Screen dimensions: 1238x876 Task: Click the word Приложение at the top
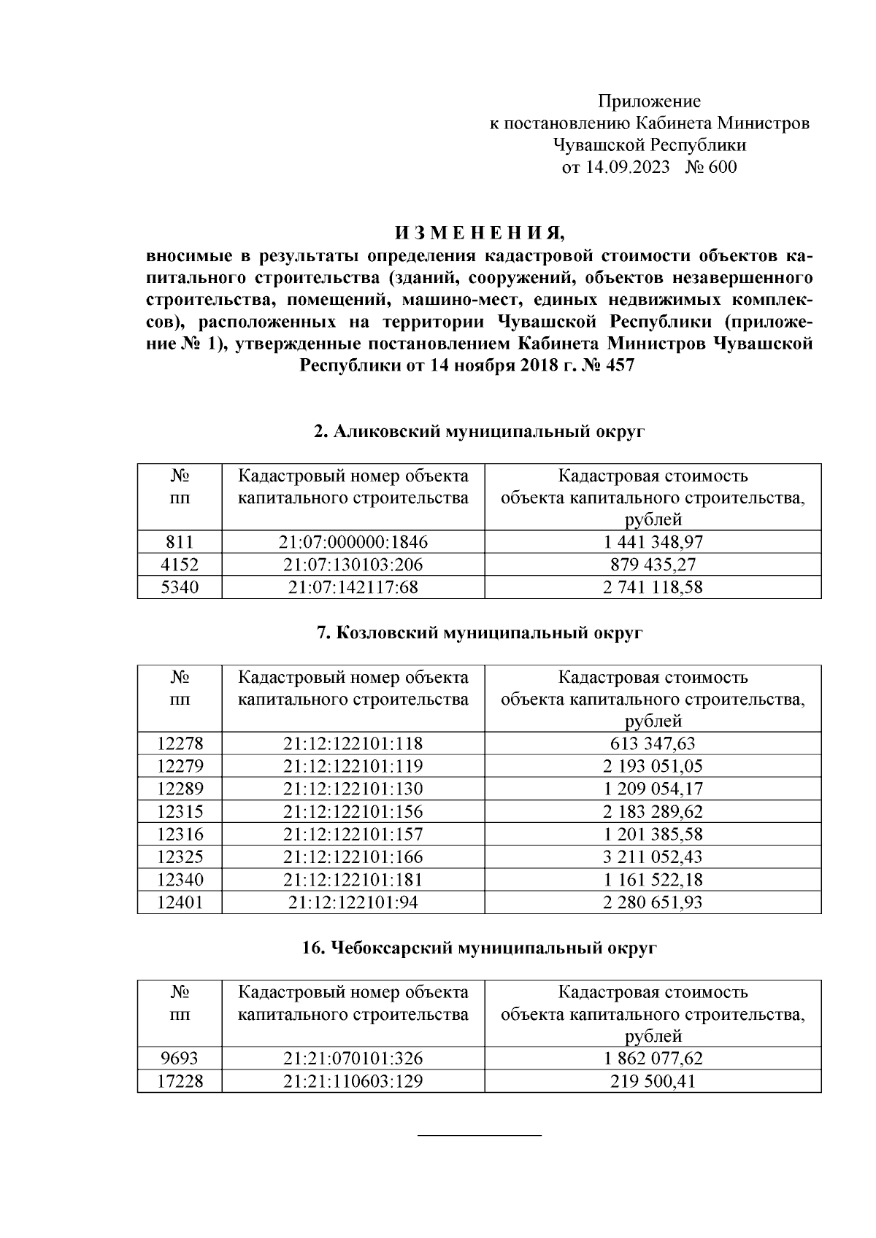pyautogui.click(x=649, y=101)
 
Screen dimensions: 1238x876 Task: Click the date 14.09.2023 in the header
pyautogui.click(x=628, y=168)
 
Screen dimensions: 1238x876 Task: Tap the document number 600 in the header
pyautogui.click(x=722, y=168)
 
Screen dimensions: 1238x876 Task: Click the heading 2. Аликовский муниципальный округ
pyautogui.click(x=479, y=432)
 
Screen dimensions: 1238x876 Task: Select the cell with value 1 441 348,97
pyautogui.click(x=653, y=542)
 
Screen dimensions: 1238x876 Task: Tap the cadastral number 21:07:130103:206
pyautogui.click(x=353, y=565)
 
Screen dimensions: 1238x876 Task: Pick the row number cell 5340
pyautogui.click(x=180, y=587)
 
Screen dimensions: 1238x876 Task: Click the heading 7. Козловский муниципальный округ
pyautogui.click(x=479, y=633)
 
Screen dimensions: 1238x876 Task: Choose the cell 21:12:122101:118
pyautogui.click(x=353, y=743)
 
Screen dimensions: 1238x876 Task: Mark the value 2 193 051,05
pyautogui.click(x=653, y=766)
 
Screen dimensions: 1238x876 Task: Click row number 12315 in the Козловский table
pyautogui.click(x=180, y=811)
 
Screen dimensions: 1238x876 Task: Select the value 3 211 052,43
pyautogui.click(x=653, y=856)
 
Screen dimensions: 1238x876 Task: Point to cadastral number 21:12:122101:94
pyautogui.click(x=353, y=902)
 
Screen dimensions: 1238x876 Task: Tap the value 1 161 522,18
pyautogui.click(x=653, y=880)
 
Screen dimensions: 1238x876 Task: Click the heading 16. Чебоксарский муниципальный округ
pyautogui.click(x=479, y=948)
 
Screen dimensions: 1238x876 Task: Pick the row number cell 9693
pyautogui.click(x=180, y=1059)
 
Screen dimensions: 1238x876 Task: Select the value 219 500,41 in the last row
pyautogui.click(x=653, y=1081)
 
